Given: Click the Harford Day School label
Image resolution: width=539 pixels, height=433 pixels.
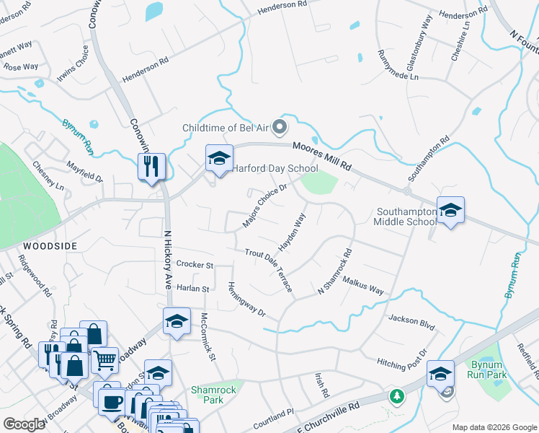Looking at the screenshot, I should [275, 169].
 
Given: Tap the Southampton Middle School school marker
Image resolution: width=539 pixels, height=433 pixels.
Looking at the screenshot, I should [450, 210].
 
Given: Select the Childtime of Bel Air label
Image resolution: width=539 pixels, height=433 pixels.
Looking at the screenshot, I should [225, 128].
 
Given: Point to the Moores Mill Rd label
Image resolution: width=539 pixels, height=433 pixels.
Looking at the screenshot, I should [321, 156].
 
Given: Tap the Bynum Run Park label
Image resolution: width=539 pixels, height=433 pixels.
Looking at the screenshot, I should [486, 369].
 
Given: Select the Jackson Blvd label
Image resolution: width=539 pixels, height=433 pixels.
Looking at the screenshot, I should [411, 322].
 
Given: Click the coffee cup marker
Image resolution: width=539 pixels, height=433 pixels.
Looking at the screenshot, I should [111, 401].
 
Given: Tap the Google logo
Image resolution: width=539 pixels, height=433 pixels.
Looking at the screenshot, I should [24, 424].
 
